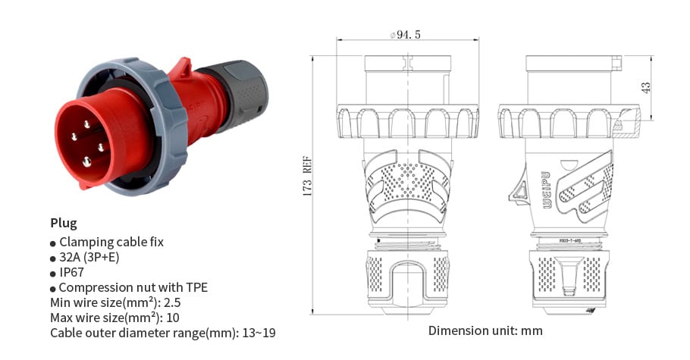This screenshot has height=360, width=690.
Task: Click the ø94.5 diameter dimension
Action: click(x=405, y=34)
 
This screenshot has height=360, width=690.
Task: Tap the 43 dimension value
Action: click(x=645, y=87)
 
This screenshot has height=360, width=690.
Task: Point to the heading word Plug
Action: click(x=63, y=223)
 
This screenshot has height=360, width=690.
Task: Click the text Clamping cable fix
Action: click(x=111, y=242)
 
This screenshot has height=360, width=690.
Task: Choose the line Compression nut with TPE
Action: click(x=133, y=287)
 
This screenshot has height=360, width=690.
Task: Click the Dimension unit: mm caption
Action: click(x=485, y=330)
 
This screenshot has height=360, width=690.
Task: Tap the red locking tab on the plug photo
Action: click(x=182, y=68)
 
